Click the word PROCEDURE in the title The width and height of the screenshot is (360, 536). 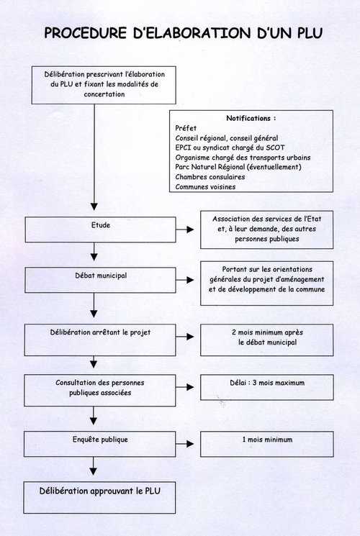[x=86, y=33]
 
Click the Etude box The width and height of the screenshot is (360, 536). [x=101, y=230]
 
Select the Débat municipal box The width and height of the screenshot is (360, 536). [x=100, y=280]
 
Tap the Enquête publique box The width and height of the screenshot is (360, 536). [x=100, y=444]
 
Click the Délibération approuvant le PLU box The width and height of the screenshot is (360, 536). [x=99, y=498]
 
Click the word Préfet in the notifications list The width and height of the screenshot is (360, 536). [x=186, y=128]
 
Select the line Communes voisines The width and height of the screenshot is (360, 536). [x=205, y=187]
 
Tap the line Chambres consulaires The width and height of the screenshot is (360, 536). [x=210, y=177]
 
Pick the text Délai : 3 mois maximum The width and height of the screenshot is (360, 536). [x=267, y=383]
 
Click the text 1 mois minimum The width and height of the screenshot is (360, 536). [x=267, y=440]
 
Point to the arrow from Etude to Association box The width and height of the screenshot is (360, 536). [x=185, y=230]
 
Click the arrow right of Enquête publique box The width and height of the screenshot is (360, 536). [x=185, y=444]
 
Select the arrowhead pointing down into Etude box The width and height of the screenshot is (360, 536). [x=94, y=206]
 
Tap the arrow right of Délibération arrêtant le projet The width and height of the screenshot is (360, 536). [x=185, y=337]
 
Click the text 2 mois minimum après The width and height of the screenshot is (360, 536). [x=267, y=332]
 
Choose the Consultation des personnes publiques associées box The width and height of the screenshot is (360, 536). [x=100, y=391]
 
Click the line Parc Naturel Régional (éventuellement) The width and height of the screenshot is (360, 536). [x=238, y=167]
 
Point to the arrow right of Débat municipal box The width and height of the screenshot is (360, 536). [x=185, y=280]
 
